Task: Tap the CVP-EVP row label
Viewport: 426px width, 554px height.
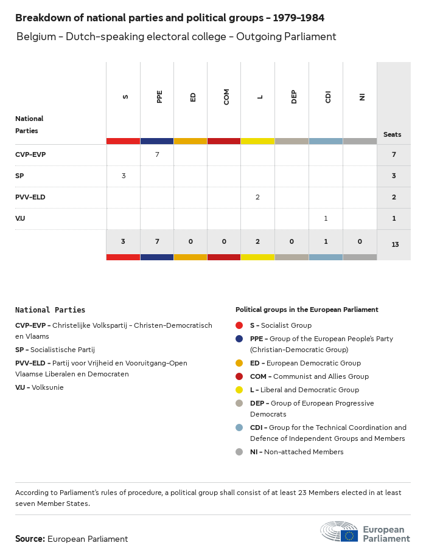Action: pos(30,154)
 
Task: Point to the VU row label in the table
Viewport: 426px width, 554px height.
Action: pos(20,218)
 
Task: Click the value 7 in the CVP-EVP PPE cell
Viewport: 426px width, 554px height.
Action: pos(157,154)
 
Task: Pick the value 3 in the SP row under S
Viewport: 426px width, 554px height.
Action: pos(124,176)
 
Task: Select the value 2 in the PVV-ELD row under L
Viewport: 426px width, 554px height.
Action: pos(257,197)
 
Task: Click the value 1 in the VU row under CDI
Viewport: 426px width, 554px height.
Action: pos(326,218)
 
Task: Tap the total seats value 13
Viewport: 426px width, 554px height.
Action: pos(395,244)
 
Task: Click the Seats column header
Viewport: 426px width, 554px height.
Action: pos(392,134)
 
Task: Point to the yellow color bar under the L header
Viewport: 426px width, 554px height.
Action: pos(257,141)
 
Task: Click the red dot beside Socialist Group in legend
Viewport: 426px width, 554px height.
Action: pos(239,325)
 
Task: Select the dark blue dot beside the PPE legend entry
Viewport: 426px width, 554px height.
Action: pos(239,339)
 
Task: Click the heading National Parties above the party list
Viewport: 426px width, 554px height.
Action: pos(51,310)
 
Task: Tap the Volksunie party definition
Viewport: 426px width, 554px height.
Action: pos(40,387)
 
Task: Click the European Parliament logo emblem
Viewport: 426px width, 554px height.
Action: pos(340,531)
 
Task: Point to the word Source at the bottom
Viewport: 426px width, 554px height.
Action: pos(30,539)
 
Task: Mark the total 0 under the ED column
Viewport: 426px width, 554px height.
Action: pos(190,241)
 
